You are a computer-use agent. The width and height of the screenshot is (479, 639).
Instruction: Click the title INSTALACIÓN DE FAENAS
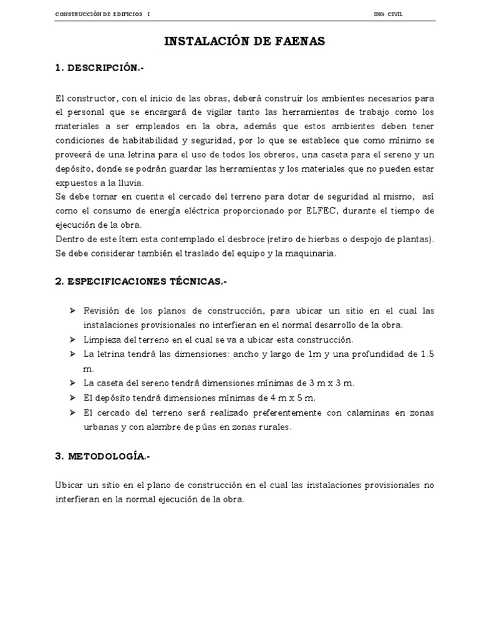tap(244, 42)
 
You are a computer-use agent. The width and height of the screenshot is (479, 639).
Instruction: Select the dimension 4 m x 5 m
tap(293, 398)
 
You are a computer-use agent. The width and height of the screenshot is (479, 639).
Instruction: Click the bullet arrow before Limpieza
tap(72, 339)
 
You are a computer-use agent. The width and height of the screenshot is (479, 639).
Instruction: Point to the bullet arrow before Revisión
tap(72, 310)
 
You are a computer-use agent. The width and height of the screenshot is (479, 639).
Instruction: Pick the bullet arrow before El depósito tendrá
tap(72, 398)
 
